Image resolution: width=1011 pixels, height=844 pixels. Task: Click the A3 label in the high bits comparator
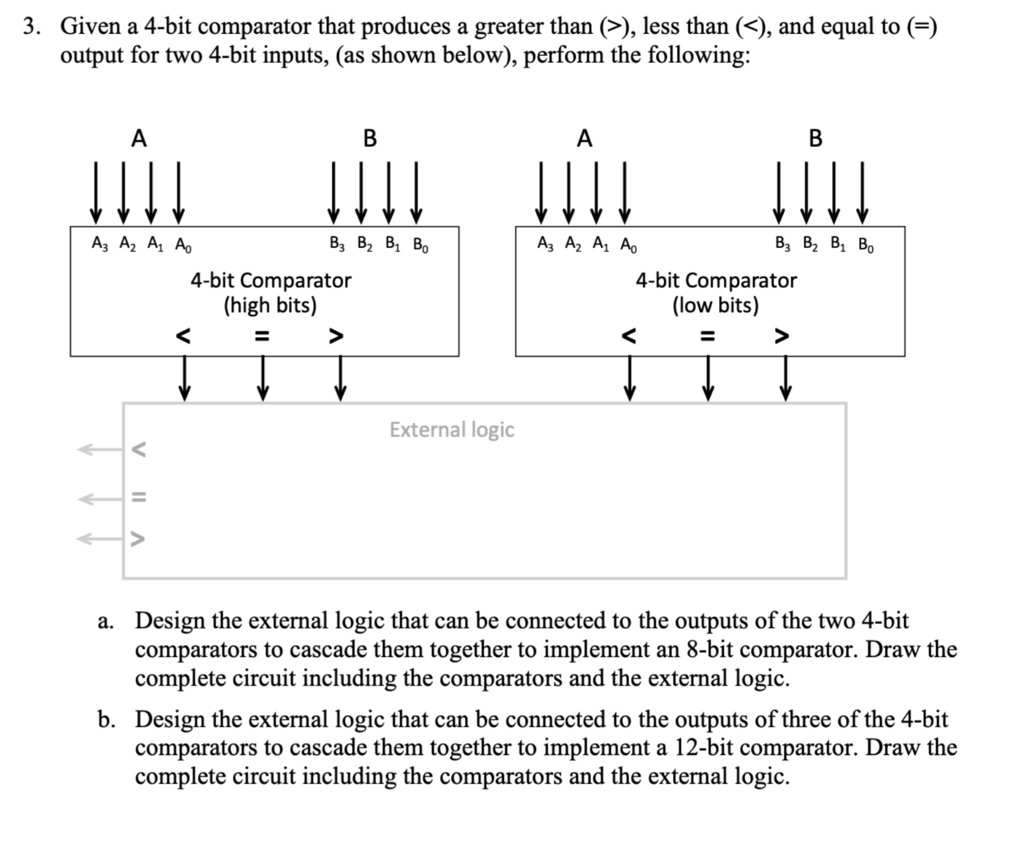click(99, 244)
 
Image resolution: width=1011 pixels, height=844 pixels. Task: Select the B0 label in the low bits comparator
click(866, 245)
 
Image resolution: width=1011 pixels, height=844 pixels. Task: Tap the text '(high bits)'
click(270, 305)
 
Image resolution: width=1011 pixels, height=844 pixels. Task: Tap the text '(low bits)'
click(715, 305)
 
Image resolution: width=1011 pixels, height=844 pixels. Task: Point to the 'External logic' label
click(452, 430)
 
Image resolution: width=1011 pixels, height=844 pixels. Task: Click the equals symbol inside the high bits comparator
click(261, 336)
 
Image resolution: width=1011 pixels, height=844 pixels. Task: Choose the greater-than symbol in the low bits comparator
click(781, 336)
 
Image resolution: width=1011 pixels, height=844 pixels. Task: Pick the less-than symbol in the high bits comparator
click(183, 336)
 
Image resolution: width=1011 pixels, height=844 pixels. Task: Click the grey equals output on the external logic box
click(139, 498)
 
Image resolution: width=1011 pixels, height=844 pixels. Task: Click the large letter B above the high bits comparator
click(369, 139)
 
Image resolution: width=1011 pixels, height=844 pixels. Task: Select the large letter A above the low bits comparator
click(584, 139)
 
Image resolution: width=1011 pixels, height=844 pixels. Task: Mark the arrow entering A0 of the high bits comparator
click(178, 192)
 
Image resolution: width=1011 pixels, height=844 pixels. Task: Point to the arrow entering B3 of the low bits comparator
click(779, 192)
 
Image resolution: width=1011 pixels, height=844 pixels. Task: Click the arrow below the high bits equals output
click(262, 378)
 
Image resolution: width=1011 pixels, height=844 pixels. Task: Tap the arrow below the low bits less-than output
click(629, 378)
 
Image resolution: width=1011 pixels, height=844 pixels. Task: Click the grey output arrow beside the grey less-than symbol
click(97, 449)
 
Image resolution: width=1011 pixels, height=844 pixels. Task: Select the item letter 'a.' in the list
click(105, 621)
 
